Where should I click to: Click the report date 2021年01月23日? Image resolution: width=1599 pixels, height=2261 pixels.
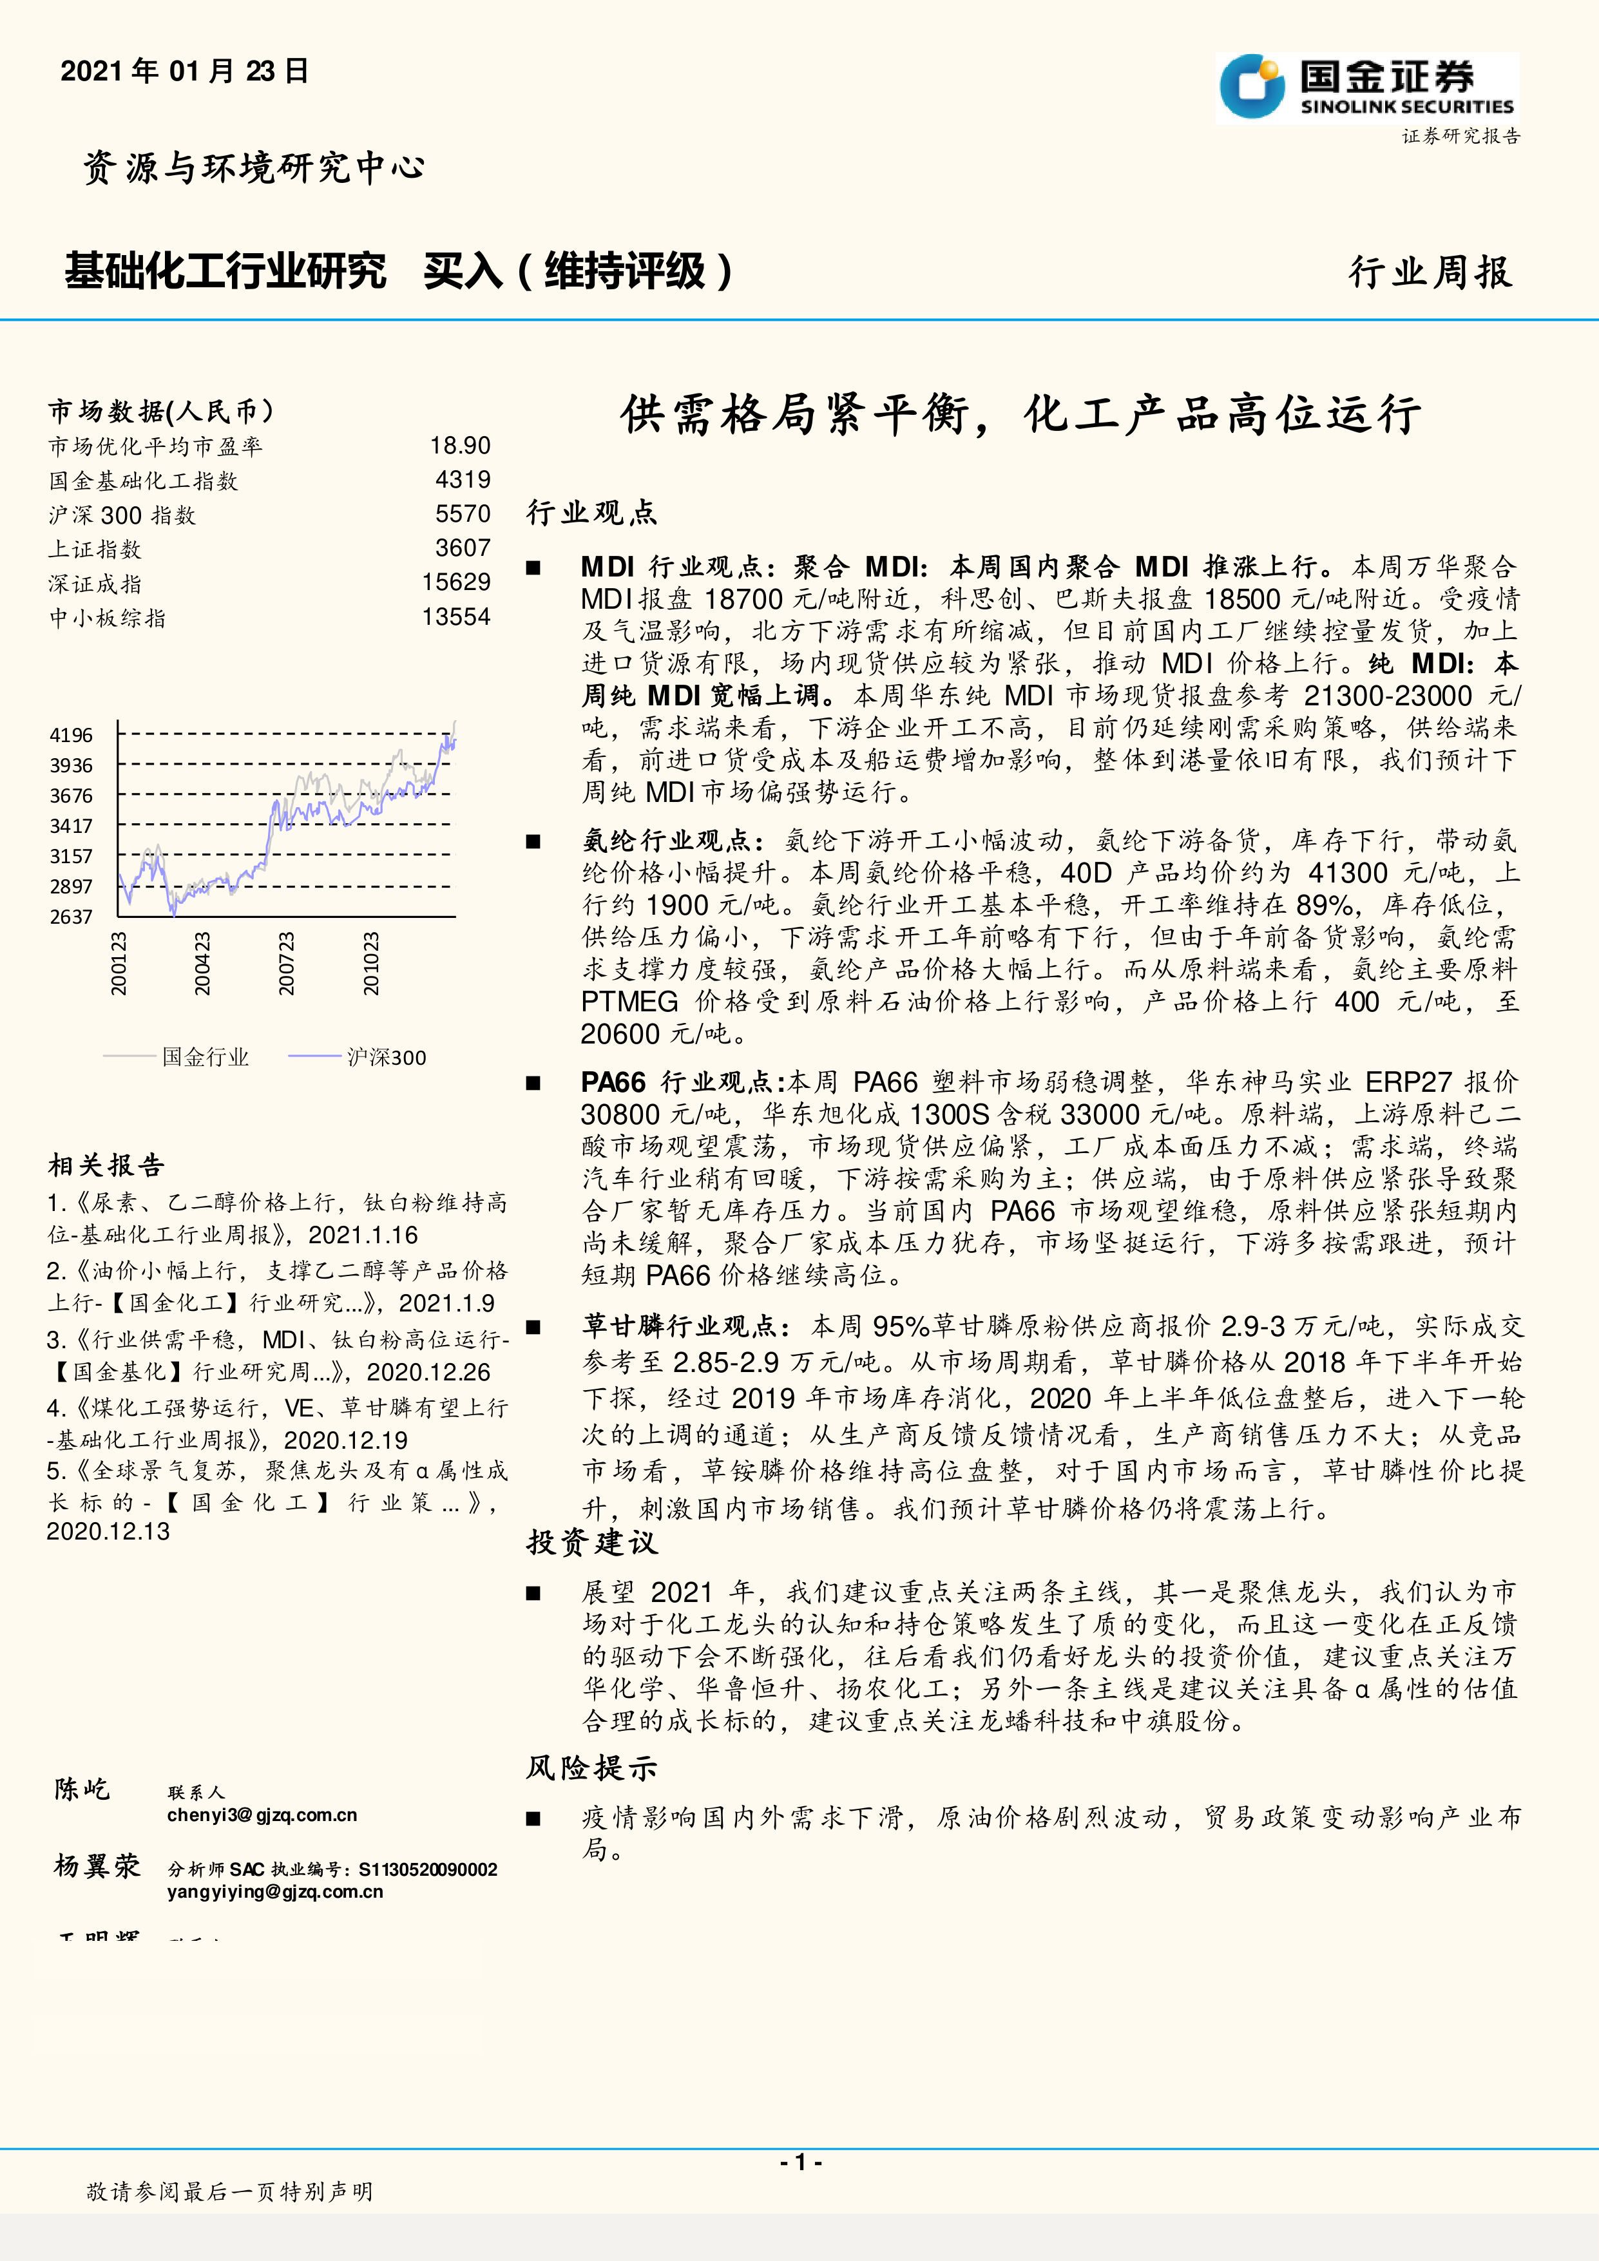tap(185, 71)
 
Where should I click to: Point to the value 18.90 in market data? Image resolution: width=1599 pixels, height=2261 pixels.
tap(460, 446)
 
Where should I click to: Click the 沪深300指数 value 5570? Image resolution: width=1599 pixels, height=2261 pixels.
tap(463, 514)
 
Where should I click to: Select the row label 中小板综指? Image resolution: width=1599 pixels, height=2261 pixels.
tap(108, 618)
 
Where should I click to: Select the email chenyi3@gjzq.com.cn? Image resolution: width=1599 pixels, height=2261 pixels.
tap(262, 1815)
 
